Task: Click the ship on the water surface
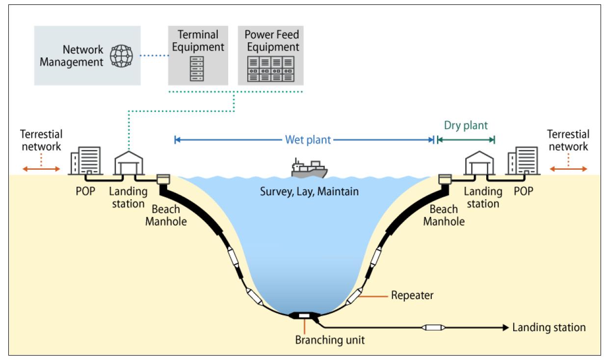(309, 169)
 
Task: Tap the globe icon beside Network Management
(121, 56)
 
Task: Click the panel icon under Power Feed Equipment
(271, 69)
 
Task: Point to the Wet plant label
(308, 140)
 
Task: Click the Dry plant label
(466, 125)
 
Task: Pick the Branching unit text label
(330, 340)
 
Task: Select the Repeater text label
(412, 296)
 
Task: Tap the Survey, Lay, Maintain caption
(309, 191)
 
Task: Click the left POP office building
(86, 160)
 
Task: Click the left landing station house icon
(128, 162)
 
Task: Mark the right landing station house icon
(479, 162)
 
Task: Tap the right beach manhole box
(445, 180)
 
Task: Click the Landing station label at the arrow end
(549, 327)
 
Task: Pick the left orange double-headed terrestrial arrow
(41, 169)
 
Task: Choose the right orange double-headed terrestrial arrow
(568, 169)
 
